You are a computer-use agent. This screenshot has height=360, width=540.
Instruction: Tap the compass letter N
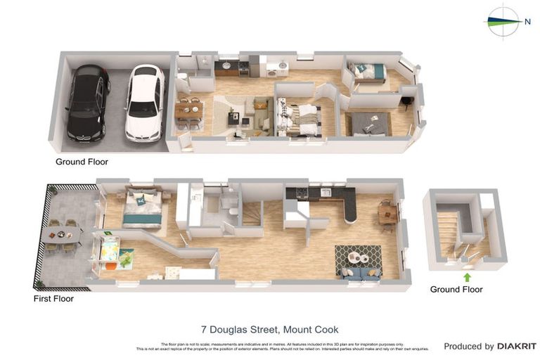pos(527,21)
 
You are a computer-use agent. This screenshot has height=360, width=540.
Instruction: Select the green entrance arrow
pos(466,277)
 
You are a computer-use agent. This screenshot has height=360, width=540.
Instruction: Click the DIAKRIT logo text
pos(517,346)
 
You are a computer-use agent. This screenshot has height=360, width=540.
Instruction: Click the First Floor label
pos(53,299)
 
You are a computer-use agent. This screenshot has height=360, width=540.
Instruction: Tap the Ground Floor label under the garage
pos(82,162)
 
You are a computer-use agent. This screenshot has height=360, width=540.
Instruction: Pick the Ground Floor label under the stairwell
pos(456,289)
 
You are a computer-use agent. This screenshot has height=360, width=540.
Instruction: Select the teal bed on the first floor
pos(143,209)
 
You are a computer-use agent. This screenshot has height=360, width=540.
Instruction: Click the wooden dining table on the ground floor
pos(188,110)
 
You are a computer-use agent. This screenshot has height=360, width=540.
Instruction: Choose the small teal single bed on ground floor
pos(368,72)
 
